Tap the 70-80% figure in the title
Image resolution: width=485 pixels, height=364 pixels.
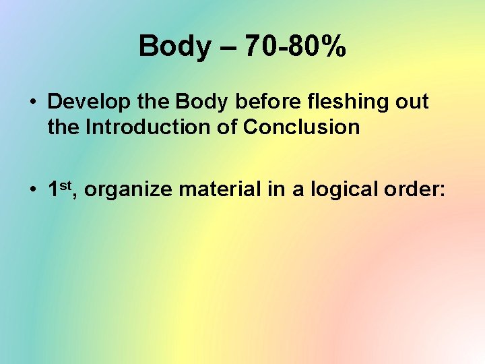tap(296, 47)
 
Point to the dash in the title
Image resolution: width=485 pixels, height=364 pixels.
tap(228, 47)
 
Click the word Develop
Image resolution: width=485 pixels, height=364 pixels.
tap(86, 102)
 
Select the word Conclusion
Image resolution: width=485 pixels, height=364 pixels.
tap(301, 127)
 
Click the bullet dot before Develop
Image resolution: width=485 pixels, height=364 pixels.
tap(32, 102)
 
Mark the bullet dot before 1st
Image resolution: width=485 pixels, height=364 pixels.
tap(32, 191)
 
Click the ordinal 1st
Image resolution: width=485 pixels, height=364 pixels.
tap(63, 189)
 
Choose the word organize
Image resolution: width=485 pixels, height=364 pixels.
tap(129, 191)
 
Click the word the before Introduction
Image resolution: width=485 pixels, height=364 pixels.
tap(64, 127)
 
